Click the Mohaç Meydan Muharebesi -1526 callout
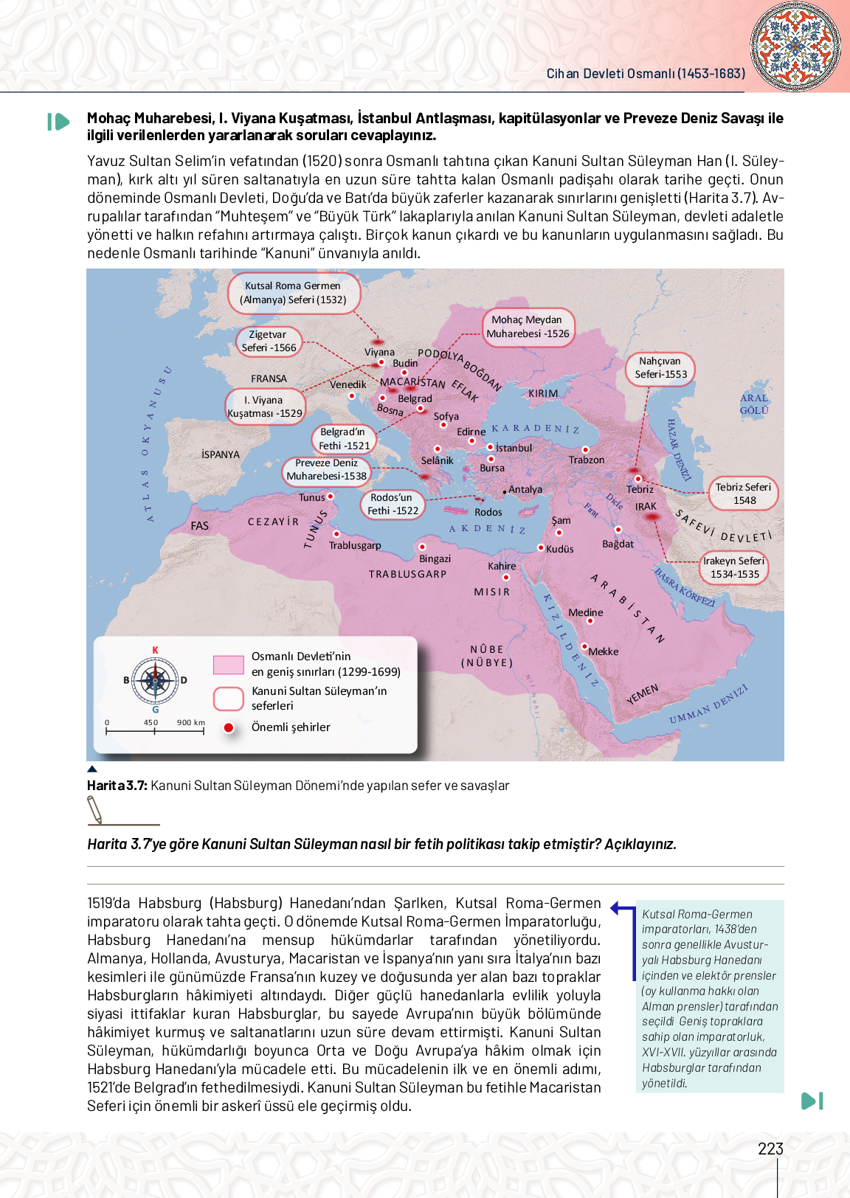click(x=528, y=327)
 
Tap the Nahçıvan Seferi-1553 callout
click(x=660, y=368)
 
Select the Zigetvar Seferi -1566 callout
click(x=269, y=342)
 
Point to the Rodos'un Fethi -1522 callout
click(x=393, y=505)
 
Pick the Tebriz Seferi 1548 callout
click(x=744, y=494)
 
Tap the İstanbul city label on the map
click(x=514, y=448)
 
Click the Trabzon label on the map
click(x=587, y=460)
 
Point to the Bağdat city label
click(x=618, y=544)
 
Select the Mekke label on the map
click(x=604, y=651)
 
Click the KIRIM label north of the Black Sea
click(x=543, y=393)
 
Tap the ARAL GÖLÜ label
click(x=754, y=404)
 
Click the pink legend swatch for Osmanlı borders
click(x=228, y=664)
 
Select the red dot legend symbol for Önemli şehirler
click(x=229, y=728)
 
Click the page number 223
click(x=770, y=1149)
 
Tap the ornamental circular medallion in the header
click(x=795, y=46)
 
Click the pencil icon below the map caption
click(x=96, y=811)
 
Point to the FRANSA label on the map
click(x=269, y=378)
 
